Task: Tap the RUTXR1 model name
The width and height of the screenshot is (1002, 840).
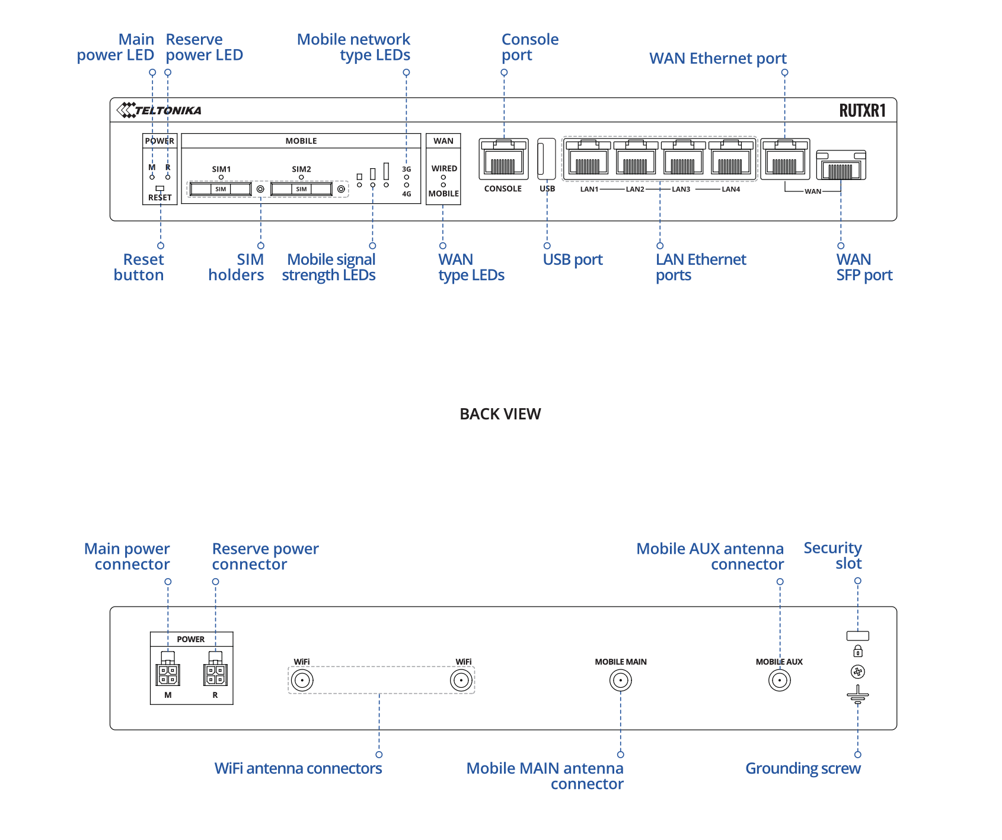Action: (x=862, y=111)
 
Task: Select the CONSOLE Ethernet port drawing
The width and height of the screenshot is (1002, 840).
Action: (x=503, y=159)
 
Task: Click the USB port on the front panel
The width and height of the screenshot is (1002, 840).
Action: (x=546, y=159)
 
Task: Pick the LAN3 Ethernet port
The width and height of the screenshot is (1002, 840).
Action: (x=683, y=159)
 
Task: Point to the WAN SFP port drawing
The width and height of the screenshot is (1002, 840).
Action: (x=841, y=165)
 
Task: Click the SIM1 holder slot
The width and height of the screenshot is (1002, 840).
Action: (x=221, y=189)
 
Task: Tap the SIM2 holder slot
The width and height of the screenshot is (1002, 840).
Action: (x=301, y=189)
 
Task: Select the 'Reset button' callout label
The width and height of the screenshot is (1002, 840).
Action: (x=139, y=267)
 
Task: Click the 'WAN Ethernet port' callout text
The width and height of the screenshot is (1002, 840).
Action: (x=717, y=59)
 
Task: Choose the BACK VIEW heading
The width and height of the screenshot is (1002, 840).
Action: (x=500, y=414)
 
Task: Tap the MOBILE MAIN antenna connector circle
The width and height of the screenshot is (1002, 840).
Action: (x=621, y=680)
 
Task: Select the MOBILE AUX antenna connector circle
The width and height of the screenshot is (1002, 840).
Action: (x=780, y=680)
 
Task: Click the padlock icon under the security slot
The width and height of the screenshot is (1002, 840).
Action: (x=858, y=652)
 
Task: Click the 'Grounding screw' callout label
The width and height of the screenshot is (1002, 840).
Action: (x=803, y=768)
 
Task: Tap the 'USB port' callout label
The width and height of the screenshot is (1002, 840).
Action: (x=573, y=259)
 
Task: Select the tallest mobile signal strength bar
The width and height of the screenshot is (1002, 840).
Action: (x=386, y=171)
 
